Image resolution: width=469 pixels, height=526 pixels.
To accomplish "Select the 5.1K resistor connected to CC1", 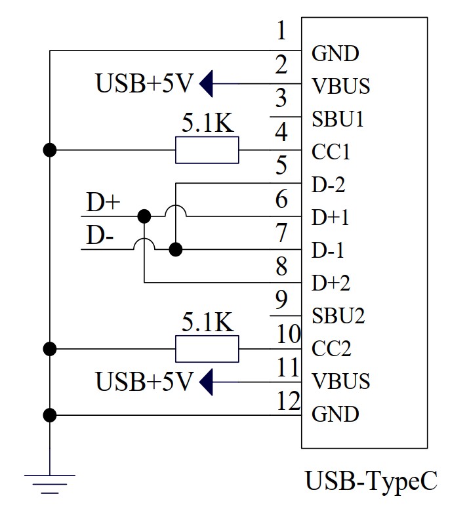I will [207, 150].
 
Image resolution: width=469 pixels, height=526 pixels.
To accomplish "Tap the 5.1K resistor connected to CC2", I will [207, 348].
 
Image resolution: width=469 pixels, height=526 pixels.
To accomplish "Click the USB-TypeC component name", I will [371, 482].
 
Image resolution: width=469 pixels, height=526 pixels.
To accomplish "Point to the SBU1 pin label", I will [338, 119].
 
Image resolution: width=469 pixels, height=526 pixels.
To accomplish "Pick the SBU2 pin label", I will [338, 315].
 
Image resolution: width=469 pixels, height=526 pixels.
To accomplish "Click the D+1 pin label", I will [331, 218].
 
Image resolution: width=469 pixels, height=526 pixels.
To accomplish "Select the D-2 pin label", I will [328, 185].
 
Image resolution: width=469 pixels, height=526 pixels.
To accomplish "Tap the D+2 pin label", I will [331, 283].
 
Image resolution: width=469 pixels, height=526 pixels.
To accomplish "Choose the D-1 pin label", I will [328, 251].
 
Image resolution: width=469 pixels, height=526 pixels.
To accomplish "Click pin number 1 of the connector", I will [281, 31].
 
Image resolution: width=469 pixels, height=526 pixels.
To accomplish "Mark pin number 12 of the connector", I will [288, 399].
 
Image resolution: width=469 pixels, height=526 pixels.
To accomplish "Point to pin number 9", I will [281, 300].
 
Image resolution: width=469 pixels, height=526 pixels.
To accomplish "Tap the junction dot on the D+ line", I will [144, 215].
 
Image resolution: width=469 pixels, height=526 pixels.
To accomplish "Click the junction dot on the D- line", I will [175, 249].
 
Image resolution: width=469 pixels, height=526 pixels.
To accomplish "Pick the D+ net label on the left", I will [103, 203].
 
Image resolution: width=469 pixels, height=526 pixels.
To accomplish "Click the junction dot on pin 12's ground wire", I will [49, 415].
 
